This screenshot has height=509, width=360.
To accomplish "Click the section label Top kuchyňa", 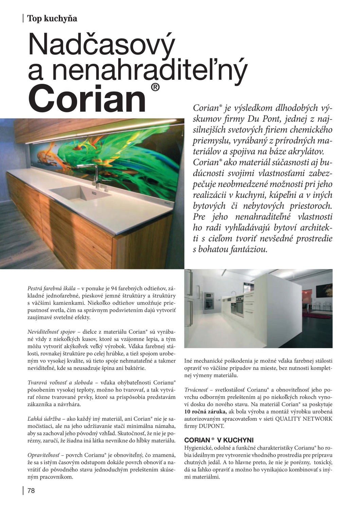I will [x=52, y=18].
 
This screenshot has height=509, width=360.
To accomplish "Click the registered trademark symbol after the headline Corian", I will [x=155, y=88].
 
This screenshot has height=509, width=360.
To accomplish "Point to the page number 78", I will [x=31, y=491].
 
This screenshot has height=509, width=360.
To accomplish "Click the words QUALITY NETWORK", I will [x=304, y=419].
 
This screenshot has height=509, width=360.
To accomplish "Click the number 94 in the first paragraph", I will [x=114, y=288].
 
